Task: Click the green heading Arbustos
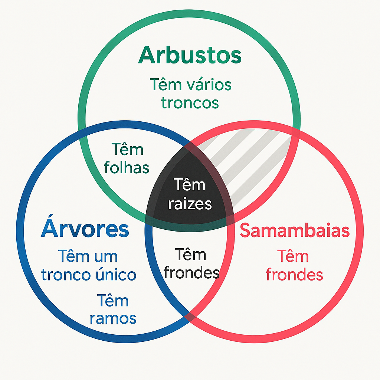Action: pos(190,56)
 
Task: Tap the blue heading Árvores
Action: pos(85,230)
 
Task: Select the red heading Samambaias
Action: pos(295,230)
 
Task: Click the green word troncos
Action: pos(190,103)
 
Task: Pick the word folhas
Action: pos(127,168)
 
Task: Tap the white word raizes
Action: pos(190,204)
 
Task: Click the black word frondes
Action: pos(191,273)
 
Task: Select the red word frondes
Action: pos(294,275)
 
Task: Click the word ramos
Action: pos(113,318)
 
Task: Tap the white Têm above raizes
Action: pos(189,184)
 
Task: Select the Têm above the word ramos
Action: pos(113,300)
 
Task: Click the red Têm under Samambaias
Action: pos(293,256)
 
